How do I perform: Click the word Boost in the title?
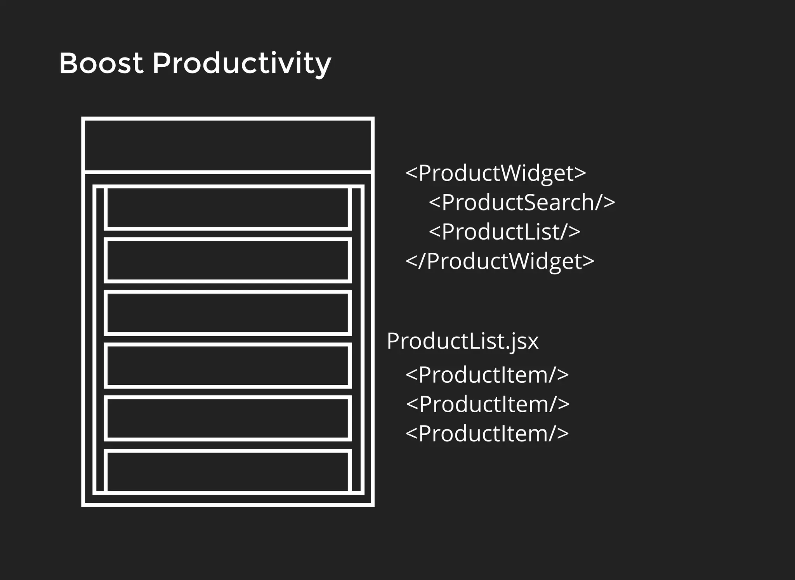point(101,63)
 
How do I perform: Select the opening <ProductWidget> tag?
point(495,173)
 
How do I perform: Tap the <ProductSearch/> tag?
point(522,202)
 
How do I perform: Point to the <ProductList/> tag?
point(504,232)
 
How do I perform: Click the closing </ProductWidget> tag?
point(500,261)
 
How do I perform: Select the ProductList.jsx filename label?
point(462,341)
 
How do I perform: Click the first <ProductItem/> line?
point(487,375)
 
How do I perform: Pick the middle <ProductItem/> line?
point(488,404)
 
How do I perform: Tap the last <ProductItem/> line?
point(487,434)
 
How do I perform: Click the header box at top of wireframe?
point(228,145)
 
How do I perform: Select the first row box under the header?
point(228,208)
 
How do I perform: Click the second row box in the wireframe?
point(228,260)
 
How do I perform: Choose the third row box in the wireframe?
point(228,313)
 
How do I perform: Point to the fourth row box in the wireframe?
point(228,365)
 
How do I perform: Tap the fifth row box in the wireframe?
point(228,418)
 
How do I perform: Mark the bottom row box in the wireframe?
point(228,471)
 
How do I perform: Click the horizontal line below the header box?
point(228,172)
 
